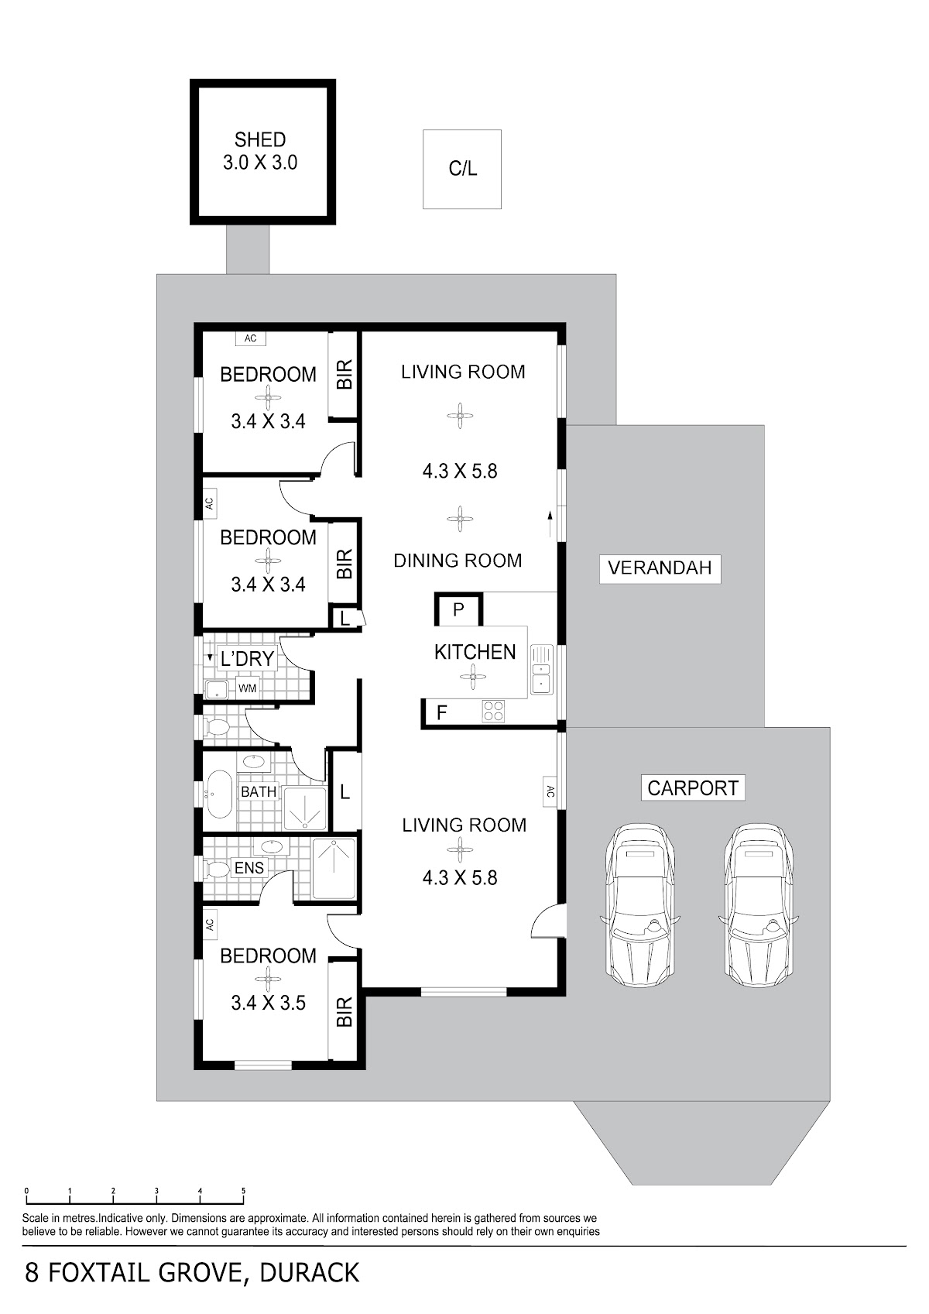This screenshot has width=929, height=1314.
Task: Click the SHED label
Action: (x=260, y=139)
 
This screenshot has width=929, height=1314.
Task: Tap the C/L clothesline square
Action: (x=462, y=169)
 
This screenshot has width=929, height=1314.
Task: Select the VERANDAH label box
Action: (x=660, y=568)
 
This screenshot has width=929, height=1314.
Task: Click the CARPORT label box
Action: (x=693, y=787)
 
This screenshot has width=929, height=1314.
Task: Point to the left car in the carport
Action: (x=640, y=906)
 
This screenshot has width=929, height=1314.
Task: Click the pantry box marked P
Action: (x=458, y=609)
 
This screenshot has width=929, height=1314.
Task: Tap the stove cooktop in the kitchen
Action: (x=493, y=711)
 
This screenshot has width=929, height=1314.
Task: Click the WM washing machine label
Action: (x=248, y=688)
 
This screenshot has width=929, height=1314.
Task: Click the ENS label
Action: (x=249, y=867)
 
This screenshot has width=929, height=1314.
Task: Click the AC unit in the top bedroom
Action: (x=250, y=338)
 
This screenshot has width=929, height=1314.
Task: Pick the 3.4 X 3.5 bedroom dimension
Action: (x=268, y=1003)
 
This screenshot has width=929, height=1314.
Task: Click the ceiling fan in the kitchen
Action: (x=473, y=677)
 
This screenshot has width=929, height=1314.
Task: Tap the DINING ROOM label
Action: (x=458, y=561)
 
